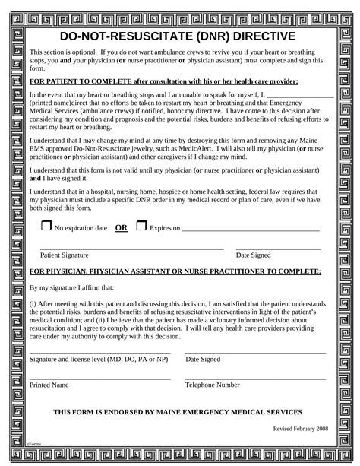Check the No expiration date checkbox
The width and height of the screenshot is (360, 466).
[x=46, y=227]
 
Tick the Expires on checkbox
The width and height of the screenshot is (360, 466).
[x=141, y=226]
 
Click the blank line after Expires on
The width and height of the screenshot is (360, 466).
[x=251, y=230]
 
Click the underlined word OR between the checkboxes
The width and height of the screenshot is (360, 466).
[x=120, y=227]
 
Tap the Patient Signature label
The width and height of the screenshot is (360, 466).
[x=65, y=255]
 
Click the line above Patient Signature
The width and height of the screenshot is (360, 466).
[x=131, y=249]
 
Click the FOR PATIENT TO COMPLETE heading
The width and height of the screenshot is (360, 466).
[x=163, y=81]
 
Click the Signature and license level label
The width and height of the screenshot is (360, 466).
[x=99, y=360]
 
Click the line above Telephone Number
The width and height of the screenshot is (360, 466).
[x=255, y=378]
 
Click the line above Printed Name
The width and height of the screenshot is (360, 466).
[x=99, y=378]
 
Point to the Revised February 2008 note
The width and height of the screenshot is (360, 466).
[x=301, y=429]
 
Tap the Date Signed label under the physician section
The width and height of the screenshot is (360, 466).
[x=203, y=360]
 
